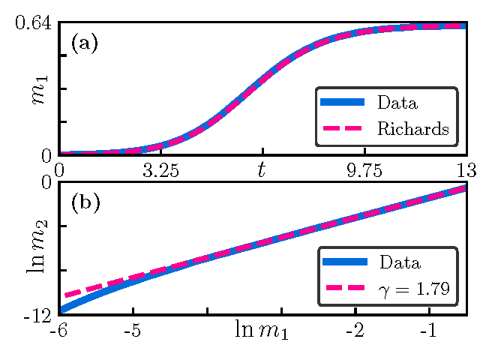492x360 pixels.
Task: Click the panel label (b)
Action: (x=84, y=202)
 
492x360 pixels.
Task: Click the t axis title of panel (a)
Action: (x=262, y=170)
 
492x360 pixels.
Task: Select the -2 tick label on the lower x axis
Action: (x=355, y=330)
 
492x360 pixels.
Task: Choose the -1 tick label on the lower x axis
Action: (x=429, y=330)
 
